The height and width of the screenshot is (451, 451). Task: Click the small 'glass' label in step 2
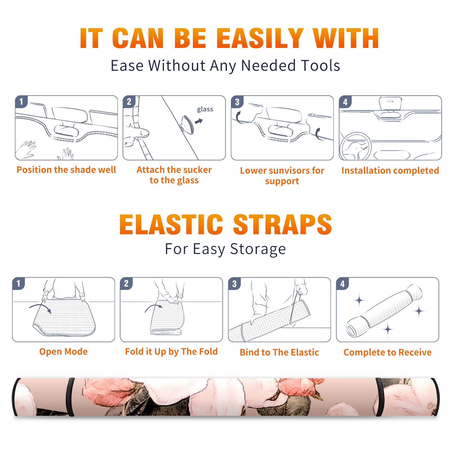coord(205,109)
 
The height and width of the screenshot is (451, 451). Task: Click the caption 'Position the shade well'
coord(66,170)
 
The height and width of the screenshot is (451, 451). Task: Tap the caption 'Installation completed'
coord(390,171)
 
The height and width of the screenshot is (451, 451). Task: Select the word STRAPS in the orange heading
coord(282,224)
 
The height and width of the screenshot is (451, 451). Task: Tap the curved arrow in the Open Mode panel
coord(40,308)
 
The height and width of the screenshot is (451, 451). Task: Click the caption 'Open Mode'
coord(63,351)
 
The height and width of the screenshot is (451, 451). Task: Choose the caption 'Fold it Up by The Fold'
coord(171,351)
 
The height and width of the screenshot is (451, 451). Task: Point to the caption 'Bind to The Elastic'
coord(279,352)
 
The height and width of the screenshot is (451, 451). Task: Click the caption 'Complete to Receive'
coord(388,352)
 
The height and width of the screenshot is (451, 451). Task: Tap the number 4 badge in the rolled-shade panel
coord(342,284)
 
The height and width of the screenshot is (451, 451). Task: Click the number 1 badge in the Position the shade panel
coord(21,101)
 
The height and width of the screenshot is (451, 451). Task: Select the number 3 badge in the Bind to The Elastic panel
coord(234,284)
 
